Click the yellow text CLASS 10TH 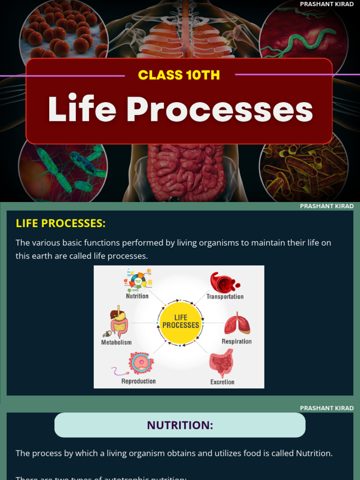[x=180, y=75]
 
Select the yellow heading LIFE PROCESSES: [x=61, y=223]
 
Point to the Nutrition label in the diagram [x=137, y=296]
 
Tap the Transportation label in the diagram [x=225, y=297]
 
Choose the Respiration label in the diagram [x=236, y=342]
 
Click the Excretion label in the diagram [x=222, y=382]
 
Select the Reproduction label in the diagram [x=138, y=381]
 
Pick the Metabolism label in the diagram [x=116, y=343]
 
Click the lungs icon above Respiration [x=237, y=324]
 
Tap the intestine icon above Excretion [x=221, y=363]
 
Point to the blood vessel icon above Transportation [x=224, y=282]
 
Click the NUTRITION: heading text [x=180, y=425]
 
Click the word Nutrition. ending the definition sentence [x=314, y=453]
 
